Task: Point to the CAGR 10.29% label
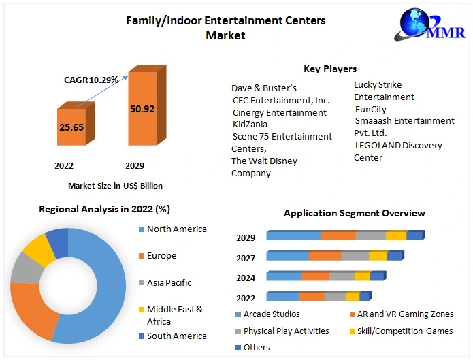coord(91,80)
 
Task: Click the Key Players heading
coord(330,69)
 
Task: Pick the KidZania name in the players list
coord(250,125)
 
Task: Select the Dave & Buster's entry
coord(264,88)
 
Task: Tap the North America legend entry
coord(176,229)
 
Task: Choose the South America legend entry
coord(176,336)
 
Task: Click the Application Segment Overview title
coord(355,213)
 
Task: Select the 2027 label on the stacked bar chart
coord(246,258)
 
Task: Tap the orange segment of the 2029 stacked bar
coord(338,236)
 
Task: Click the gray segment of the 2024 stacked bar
coord(342,276)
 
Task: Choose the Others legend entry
coord(257,348)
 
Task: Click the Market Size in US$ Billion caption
coord(115,186)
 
